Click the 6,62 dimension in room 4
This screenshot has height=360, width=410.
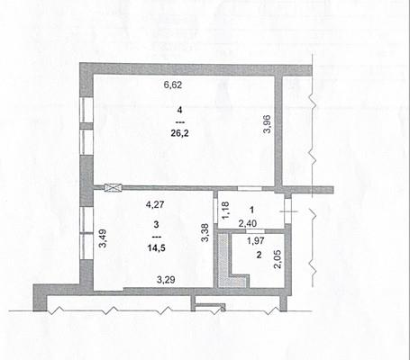173,85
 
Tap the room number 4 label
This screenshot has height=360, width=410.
179,110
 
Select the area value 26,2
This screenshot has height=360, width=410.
179,133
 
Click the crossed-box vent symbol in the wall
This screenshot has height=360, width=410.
114,188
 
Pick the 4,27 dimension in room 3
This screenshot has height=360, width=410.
155,204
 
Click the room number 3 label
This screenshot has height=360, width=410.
156,224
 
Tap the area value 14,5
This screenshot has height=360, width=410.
156,247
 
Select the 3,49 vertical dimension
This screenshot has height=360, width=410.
103,238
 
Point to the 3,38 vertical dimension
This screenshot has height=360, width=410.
205,233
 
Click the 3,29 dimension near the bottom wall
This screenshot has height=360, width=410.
166,280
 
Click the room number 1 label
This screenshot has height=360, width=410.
251,210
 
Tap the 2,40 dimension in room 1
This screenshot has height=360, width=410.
248,223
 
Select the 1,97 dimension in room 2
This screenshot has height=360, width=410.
255,240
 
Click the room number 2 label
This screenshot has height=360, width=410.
259,255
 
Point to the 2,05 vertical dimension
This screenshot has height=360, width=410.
278,259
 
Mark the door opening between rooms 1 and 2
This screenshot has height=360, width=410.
255,231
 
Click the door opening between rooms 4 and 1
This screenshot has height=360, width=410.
250,189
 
